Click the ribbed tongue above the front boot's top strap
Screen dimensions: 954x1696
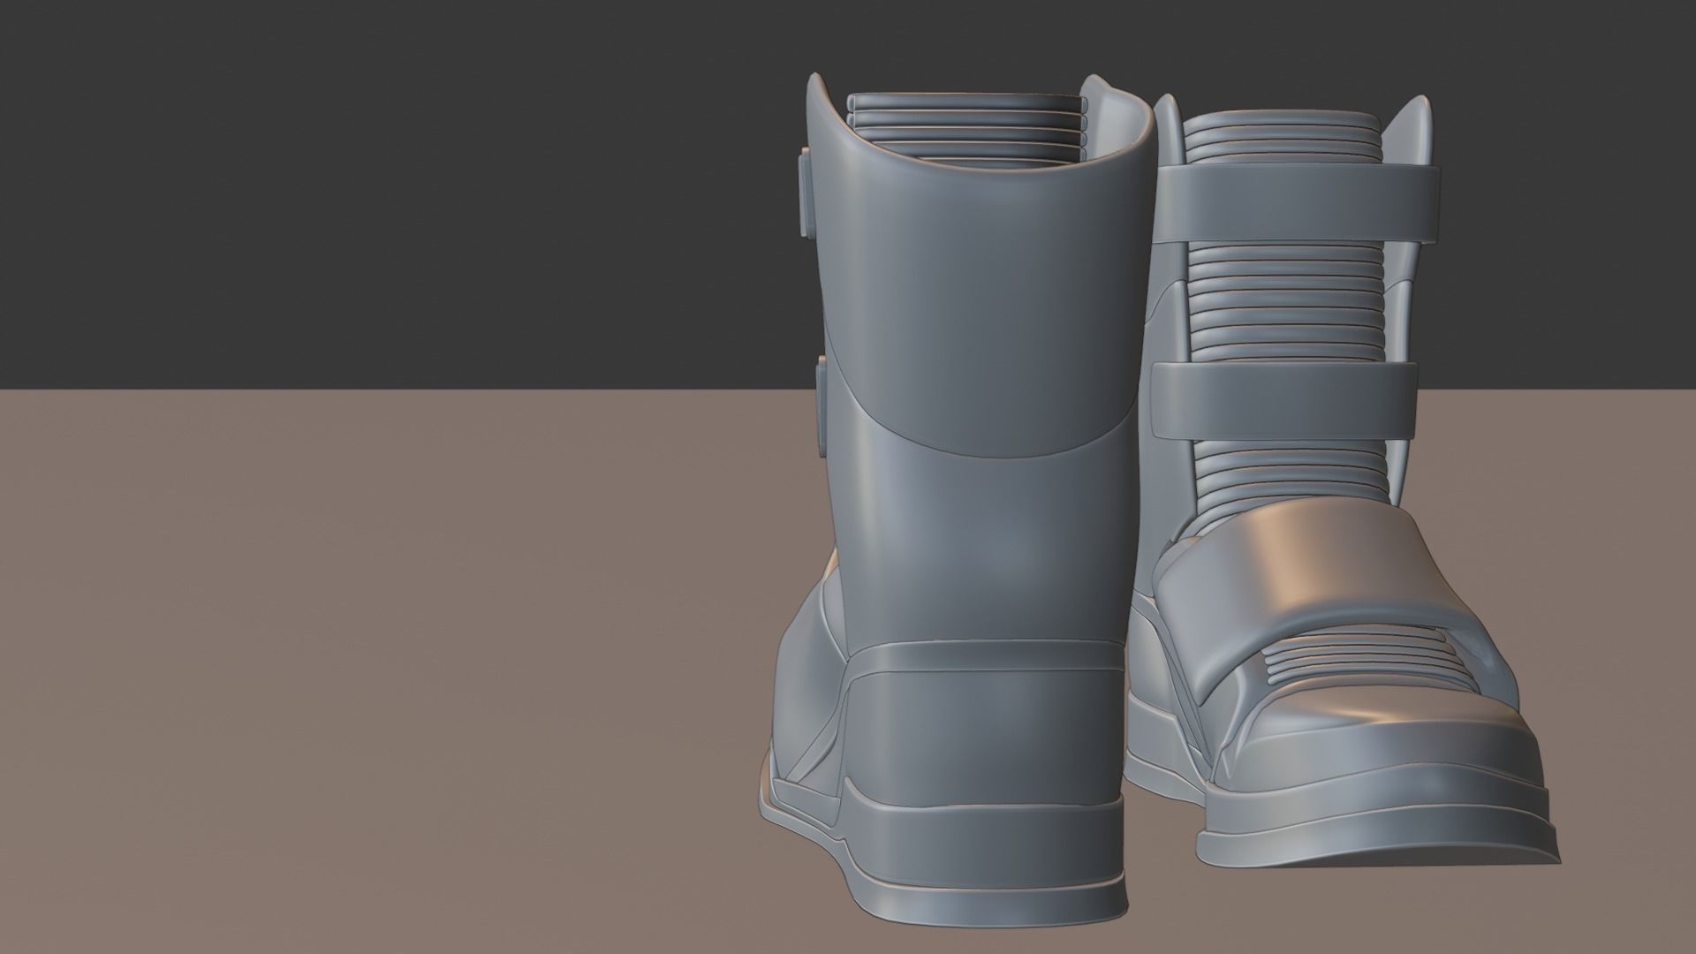[x=1281, y=138]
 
